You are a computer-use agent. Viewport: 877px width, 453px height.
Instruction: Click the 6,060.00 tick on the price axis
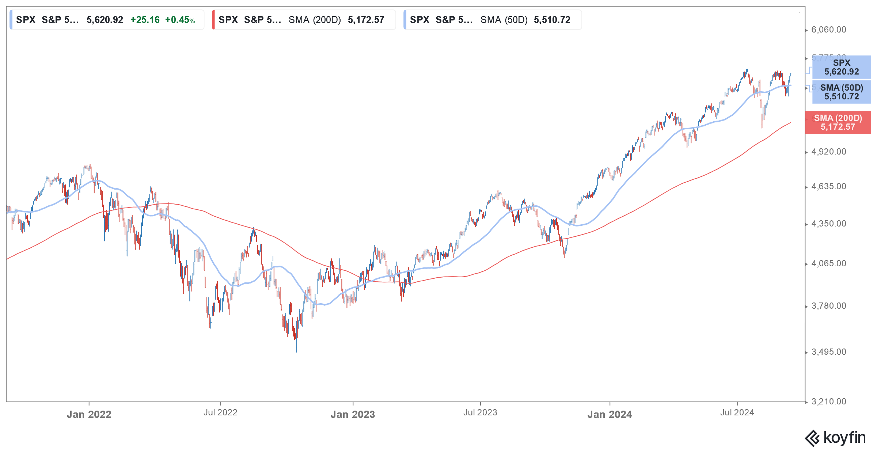(828, 30)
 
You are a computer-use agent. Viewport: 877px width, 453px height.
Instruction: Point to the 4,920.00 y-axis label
(828, 152)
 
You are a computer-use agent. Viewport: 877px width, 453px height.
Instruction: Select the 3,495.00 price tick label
(828, 352)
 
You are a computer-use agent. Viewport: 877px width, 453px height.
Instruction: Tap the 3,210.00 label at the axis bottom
(828, 401)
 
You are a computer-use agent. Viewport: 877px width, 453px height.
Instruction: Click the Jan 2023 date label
(353, 414)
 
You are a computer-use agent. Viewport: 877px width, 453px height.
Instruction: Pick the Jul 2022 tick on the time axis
(220, 412)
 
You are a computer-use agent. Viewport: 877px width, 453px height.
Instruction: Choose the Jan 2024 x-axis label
(610, 414)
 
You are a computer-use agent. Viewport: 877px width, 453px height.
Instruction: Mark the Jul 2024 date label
(737, 412)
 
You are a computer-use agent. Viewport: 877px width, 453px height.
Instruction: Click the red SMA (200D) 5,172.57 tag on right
(838, 122)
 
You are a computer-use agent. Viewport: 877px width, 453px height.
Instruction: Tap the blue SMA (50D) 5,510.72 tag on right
(841, 92)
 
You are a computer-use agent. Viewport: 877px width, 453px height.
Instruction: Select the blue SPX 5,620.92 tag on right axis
(841, 67)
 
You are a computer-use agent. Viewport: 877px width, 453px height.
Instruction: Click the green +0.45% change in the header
(180, 20)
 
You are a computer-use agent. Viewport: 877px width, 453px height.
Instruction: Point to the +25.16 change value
(145, 20)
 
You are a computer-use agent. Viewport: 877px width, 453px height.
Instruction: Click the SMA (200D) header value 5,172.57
(366, 20)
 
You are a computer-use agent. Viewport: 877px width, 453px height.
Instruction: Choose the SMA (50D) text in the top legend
(504, 20)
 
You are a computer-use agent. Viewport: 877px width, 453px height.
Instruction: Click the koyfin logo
(835, 438)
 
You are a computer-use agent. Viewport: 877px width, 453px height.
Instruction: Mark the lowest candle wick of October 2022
(296, 351)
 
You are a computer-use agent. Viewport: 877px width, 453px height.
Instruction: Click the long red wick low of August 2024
(762, 127)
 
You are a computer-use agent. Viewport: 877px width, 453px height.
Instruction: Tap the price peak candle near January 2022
(90, 165)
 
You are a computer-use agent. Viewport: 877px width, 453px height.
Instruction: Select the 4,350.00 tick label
(828, 224)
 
